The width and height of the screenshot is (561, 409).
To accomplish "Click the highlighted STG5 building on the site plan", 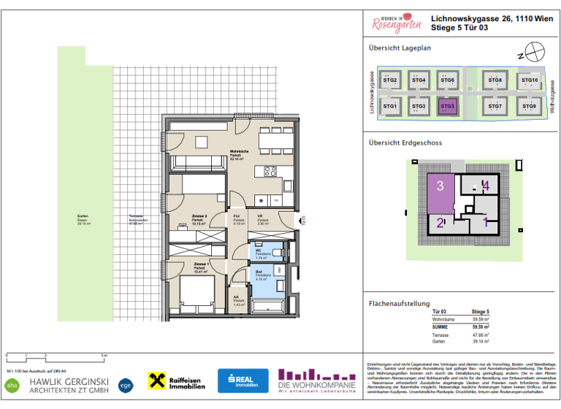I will (x=447, y=107).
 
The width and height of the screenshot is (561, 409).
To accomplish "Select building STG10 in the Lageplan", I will (x=530, y=81).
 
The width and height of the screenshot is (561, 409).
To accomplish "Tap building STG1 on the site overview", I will (x=390, y=107).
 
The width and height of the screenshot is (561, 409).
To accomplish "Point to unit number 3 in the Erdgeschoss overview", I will (x=440, y=186).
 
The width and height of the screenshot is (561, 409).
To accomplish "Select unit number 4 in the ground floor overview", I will (x=486, y=186).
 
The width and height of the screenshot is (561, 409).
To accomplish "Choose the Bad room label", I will (x=259, y=273).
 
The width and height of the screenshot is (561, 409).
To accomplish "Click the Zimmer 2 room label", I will (x=200, y=218).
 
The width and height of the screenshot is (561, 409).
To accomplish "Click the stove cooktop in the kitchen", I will (x=269, y=172).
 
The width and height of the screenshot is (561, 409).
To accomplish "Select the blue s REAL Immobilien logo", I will (x=243, y=381).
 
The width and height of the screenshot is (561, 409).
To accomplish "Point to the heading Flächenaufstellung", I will (x=398, y=303).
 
